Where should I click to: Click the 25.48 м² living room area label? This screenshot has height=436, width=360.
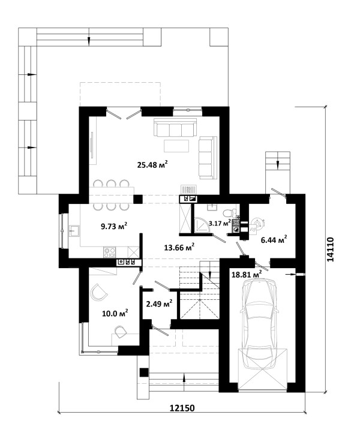pyautogui.click(x=152, y=164)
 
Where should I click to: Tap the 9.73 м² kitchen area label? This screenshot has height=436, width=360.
pyautogui.click(x=114, y=225)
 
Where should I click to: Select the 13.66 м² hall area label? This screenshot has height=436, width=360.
pyautogui.click(x=179, y=247)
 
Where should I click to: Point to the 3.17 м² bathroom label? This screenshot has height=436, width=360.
pyautogui.click(x=220, y=222)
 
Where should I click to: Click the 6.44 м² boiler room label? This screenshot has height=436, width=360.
pyautogui.click(x=274, y=239)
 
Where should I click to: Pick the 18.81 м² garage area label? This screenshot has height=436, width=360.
pyautogui.click(x=247, y=274)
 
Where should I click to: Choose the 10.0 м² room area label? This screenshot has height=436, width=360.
pyautogui.click(x=115, y=314)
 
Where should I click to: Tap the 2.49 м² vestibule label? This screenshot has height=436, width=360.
pyautogui.click(x=159, y=303)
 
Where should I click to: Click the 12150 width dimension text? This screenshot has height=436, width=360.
pyautogui.click(x=182, y=408)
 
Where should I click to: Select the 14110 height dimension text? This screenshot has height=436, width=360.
pyautogui.click(x=330, y=249)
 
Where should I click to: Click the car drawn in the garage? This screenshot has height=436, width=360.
pyautogui.click(x=260, y=324)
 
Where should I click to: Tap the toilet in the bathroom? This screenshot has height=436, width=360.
pyautogui.click(x=229, y=213)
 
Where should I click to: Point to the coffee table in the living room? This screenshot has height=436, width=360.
pyautogui.click(x=176, y=146)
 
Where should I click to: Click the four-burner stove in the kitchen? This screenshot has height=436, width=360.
pyautogui.click(x=109, y=252)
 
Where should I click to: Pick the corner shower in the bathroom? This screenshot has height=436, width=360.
pyautogui.click(x=200, y=225)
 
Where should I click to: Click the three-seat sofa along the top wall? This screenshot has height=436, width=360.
pyautogui.click(x=175, y=127)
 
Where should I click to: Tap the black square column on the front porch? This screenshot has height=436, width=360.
pyautogui.click(x=143, y=372)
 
